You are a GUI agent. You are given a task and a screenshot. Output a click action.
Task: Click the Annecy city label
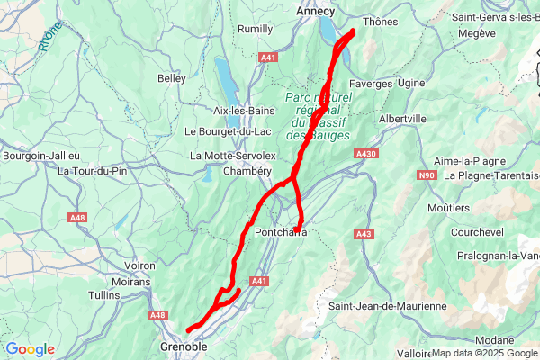click(x=315, y=11)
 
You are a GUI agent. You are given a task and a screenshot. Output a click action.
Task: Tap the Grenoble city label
click(x=184, y=346)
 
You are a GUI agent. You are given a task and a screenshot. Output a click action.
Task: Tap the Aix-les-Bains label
click(x=243, y=110)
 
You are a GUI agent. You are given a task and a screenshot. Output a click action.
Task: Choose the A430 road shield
click(x=365, y=155)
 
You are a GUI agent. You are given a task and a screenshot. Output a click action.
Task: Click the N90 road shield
click(x=427, y=175)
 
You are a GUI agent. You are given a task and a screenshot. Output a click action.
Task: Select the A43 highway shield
click(x=364, y=234)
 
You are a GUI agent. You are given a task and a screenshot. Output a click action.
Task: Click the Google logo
click(x=30, y=349)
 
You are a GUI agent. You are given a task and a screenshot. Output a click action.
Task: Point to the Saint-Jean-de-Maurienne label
click(x=387, y=306)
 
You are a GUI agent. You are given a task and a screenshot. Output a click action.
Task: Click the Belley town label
click(x=171, y=78)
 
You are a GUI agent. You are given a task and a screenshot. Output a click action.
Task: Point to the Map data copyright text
click(x=485, y=353)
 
